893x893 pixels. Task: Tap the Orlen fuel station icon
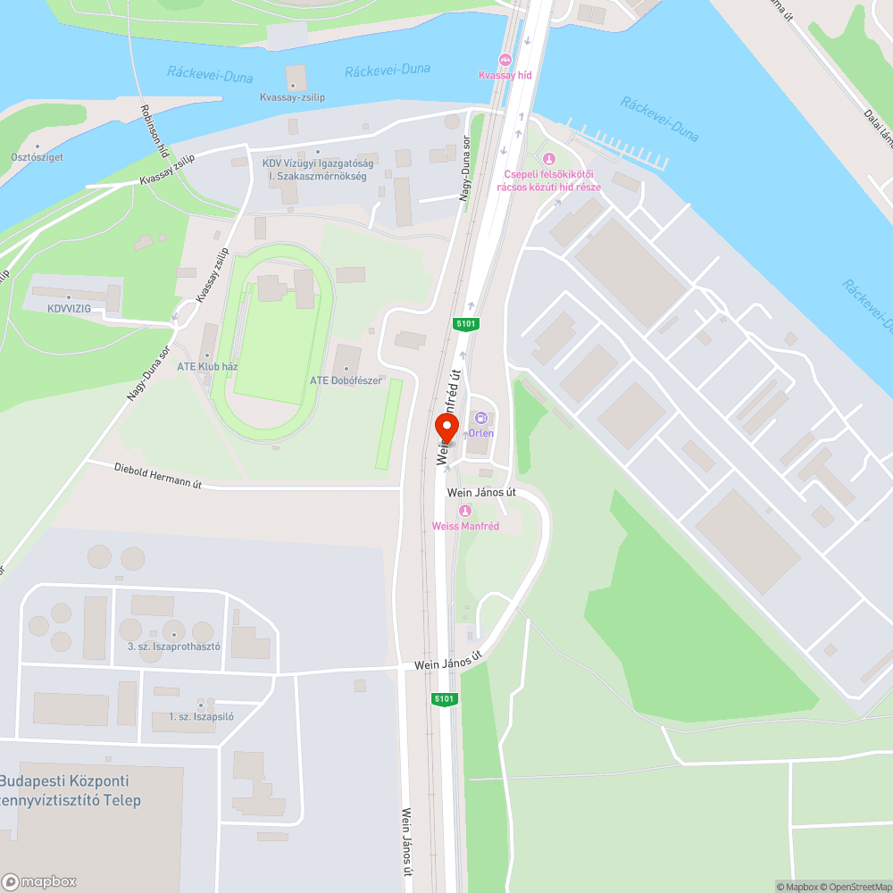pos(481,418)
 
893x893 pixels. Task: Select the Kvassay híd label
pos(505,75)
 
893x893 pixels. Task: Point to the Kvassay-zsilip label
pos(291,96)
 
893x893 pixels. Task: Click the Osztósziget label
pos(35,157)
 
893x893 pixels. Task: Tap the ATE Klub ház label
pos(207,366)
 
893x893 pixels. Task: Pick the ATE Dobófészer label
pos(346,380)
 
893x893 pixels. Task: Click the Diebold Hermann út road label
pos(158,475)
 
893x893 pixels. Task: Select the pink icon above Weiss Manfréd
pos(464,511)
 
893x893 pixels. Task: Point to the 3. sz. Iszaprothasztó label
pos(173,646)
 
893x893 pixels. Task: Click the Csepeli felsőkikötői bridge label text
pos(549,180)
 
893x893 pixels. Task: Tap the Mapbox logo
pos(39,881)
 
